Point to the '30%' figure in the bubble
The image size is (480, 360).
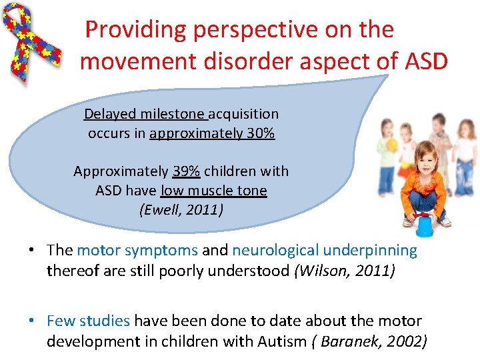(260, 133)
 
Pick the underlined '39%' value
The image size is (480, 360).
(186, 171)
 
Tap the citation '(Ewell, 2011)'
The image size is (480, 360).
(181, 210)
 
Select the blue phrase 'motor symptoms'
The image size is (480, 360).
(137, 251)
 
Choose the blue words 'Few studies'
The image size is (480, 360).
(88, 321)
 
